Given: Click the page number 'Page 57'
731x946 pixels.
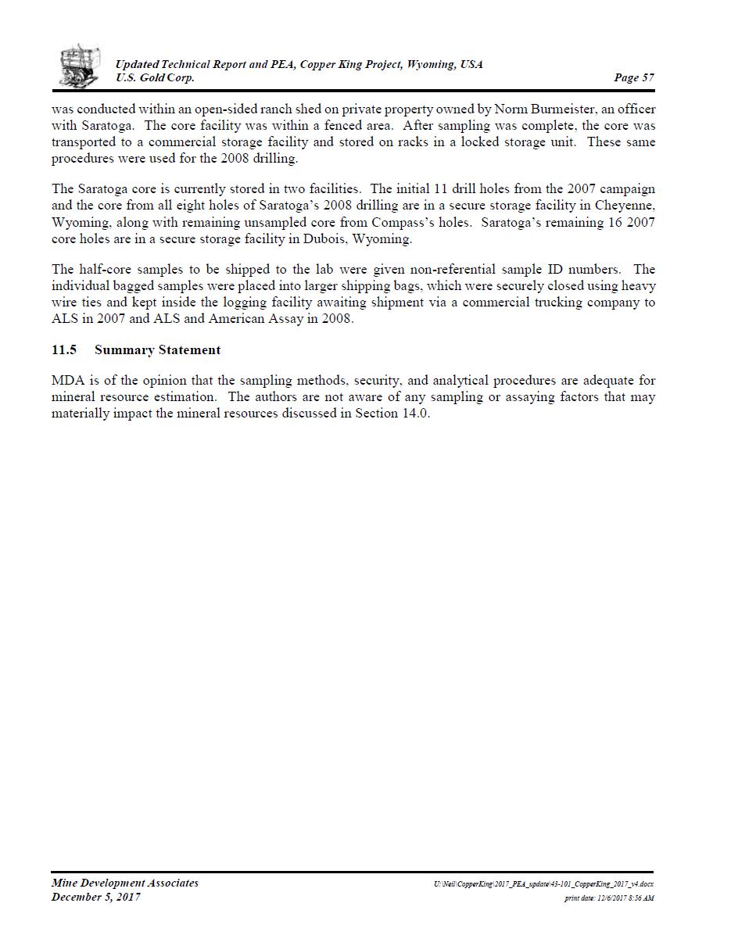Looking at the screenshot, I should coord(634,77).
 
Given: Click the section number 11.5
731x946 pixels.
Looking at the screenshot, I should coord(63,350).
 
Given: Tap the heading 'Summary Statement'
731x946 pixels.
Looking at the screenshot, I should coord(157,350).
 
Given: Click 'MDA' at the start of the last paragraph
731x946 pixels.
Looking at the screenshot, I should coord(66,381).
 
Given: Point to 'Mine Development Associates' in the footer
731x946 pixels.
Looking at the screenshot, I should coord(125,883).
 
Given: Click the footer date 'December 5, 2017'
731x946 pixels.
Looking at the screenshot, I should coord(96,897).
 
